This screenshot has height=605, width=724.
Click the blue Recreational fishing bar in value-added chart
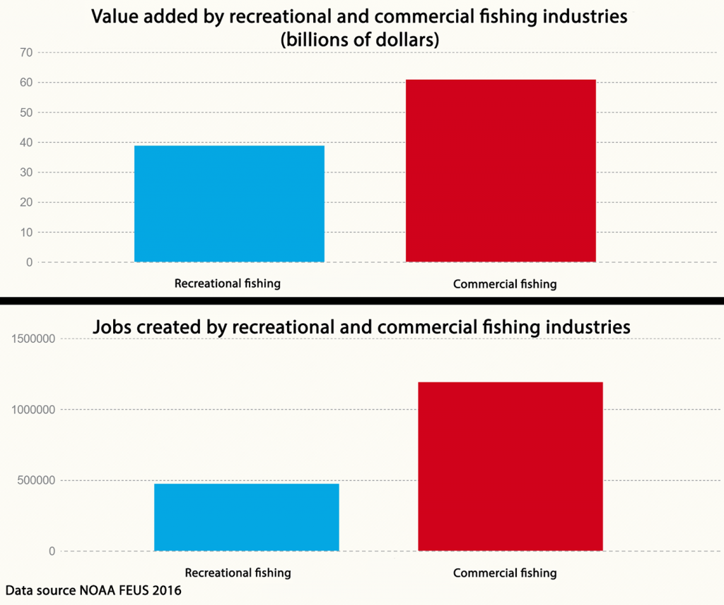(x=229, y=204)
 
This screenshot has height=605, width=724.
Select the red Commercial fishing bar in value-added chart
(x=501, y=170)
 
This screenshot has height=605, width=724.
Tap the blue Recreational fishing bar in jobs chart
(x=246, y=517)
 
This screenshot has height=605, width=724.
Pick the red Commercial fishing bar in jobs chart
(x=510, y=466)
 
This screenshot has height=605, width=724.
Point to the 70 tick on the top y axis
(x=26, y=52)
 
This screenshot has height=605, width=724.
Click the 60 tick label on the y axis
(x=26, y=83)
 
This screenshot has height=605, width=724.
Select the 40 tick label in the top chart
(x=26, y=142)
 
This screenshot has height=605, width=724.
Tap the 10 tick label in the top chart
(x=26, y=233)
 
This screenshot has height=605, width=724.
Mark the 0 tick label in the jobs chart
(x=52, y=551)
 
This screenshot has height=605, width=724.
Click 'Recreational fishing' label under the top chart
(x=228, y=283)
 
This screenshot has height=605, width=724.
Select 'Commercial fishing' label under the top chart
(x=504, y=284)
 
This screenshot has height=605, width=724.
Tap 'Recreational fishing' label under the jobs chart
(x=238, y=572)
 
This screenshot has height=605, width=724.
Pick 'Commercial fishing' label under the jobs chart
(x=504, y=573)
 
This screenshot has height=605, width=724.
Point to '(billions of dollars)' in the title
(x=360, y=40)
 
